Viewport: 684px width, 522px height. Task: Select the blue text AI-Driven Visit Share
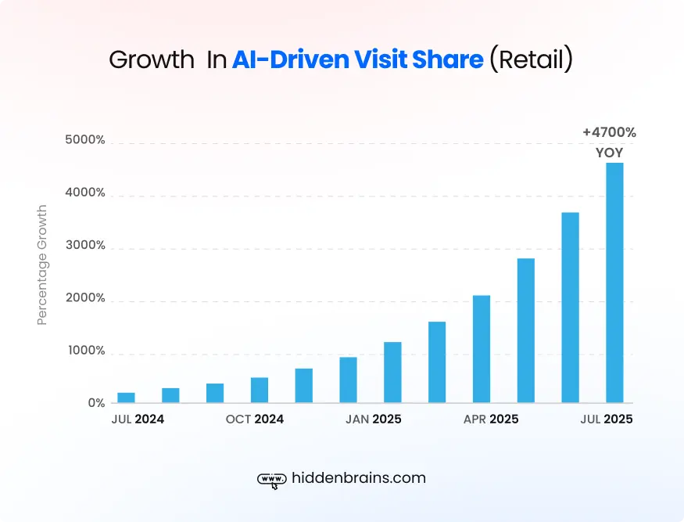coord(357,60)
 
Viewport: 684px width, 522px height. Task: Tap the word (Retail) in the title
coord(531,60)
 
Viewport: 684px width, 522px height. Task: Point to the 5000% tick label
coord(86,141)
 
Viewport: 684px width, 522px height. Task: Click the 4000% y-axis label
coord(86,193)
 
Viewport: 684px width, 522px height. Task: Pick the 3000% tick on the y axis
coord(86,246)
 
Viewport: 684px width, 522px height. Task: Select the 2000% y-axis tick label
coord(86,298)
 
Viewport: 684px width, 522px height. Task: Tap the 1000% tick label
coord(86,351)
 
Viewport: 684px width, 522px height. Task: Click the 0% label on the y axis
coord(95,403)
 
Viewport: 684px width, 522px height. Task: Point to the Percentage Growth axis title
coord(42,265)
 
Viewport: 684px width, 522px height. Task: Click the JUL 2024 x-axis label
coord(138,419)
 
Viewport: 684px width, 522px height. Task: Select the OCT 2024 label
coord(255,419)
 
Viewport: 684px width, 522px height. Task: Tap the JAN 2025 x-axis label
coord(373,419)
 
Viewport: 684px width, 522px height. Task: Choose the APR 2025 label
coord(491,419)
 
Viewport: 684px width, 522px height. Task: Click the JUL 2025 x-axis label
coord(606,419)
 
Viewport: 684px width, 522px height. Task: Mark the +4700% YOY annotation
coord(609,142)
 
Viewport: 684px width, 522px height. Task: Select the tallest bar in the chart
coord(614,283)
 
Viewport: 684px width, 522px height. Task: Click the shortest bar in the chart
coord(126,398)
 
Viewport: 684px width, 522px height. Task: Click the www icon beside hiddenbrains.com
coord(270,479)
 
